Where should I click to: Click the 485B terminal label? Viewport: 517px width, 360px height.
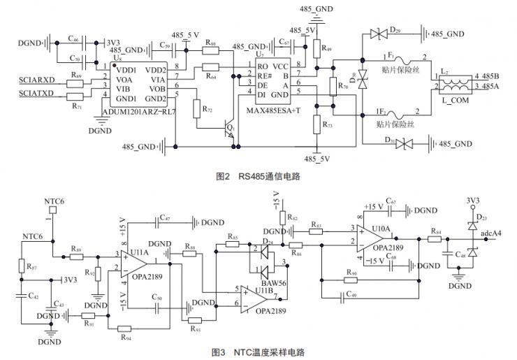click(486, 75)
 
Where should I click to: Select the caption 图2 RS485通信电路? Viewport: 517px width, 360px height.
click(258, 177)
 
